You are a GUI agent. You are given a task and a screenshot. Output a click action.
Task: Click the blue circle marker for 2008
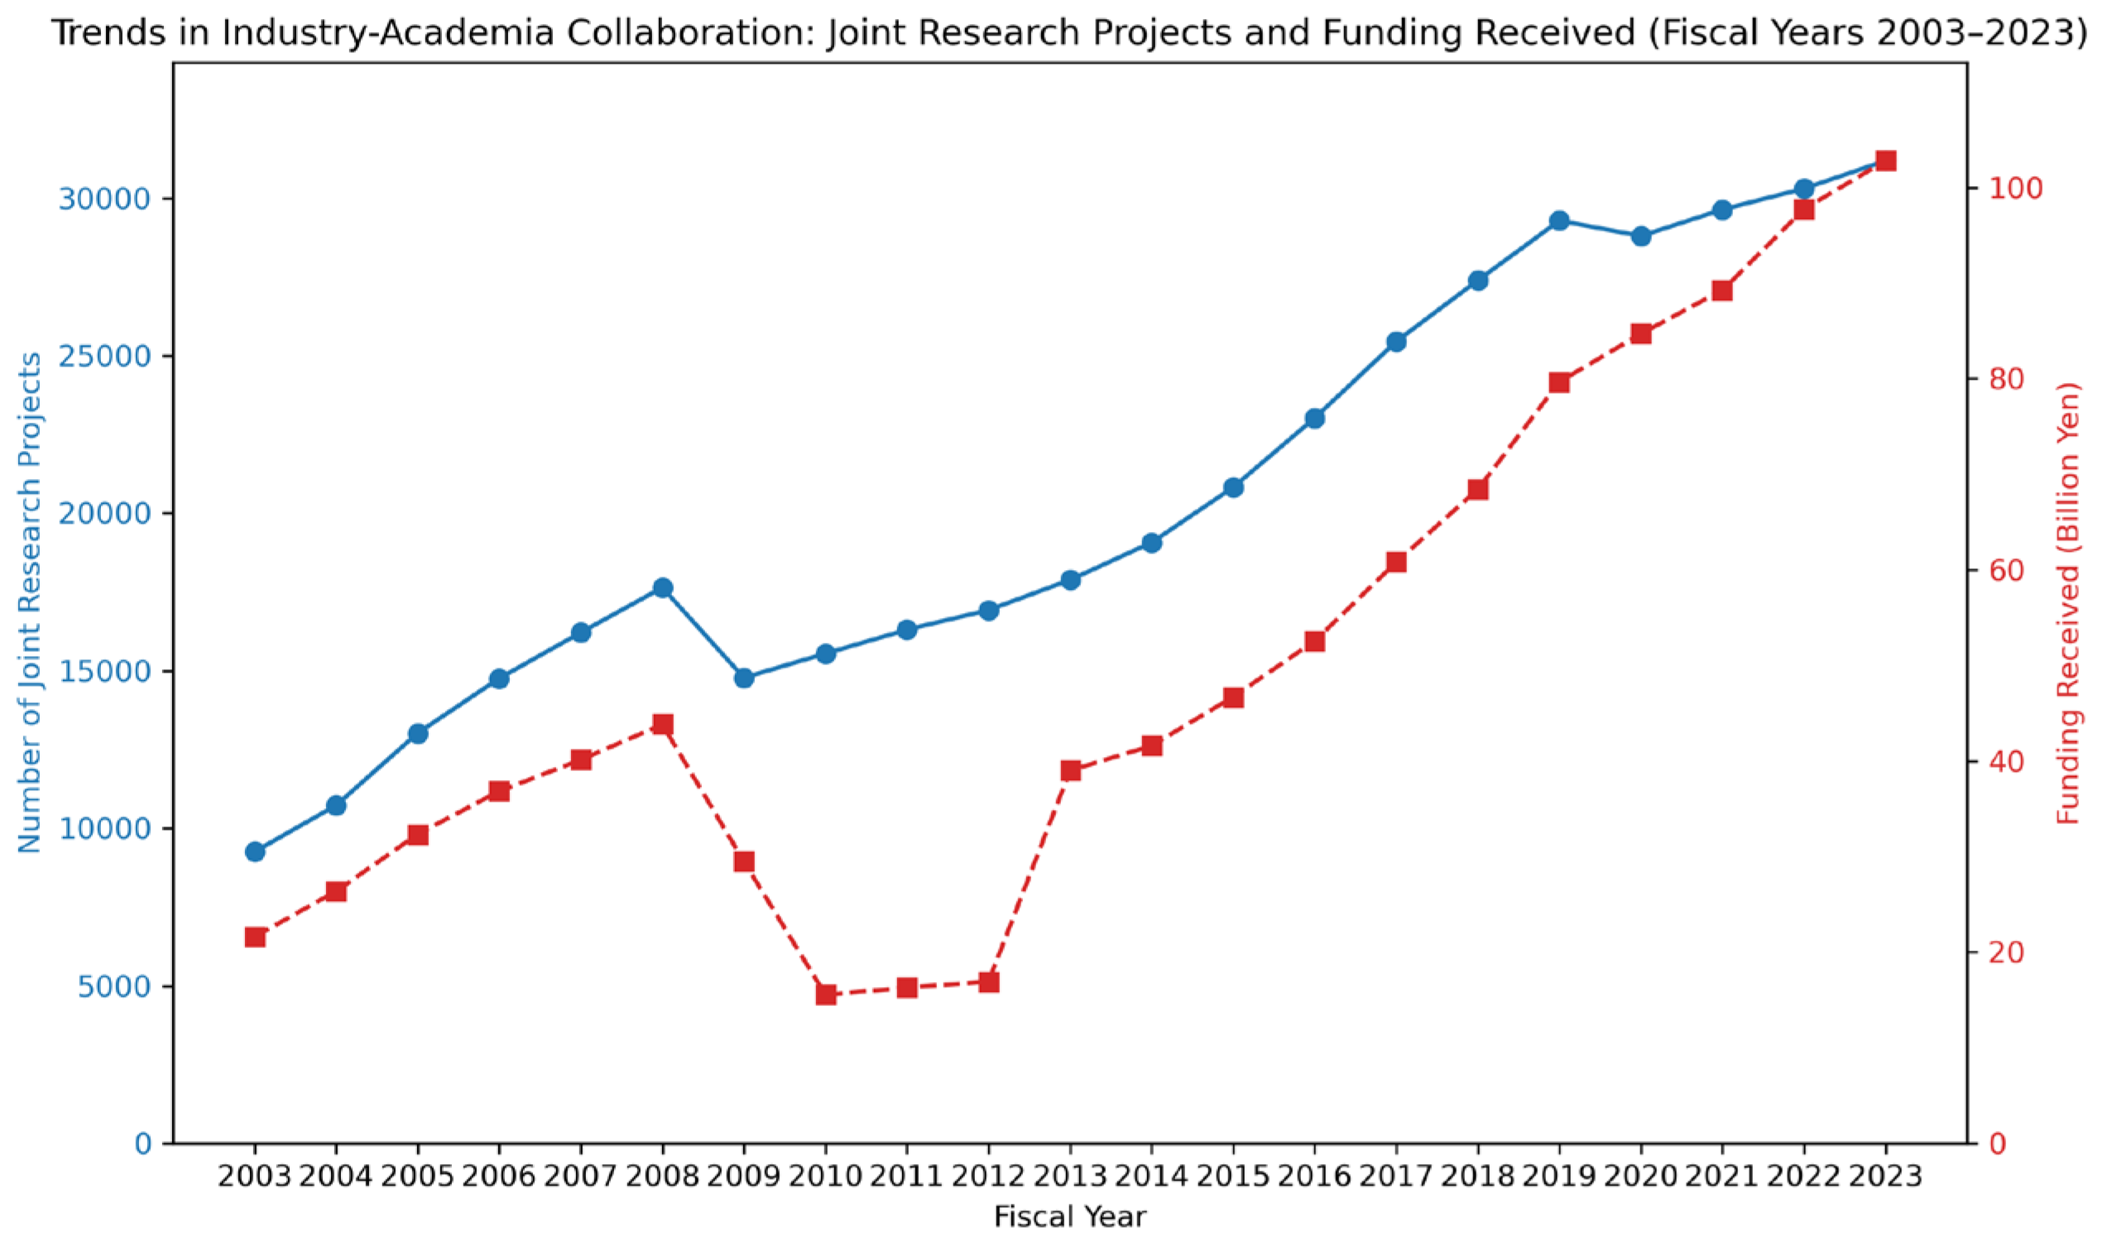[x=663, y=587]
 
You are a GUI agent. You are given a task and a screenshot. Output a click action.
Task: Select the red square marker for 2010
[x=825, y=994]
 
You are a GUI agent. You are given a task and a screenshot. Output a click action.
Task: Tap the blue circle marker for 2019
[x=1559, y=221]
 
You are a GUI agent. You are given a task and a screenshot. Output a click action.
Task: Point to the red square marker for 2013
[x=1070, y=771]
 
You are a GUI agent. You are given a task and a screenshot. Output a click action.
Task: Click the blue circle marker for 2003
[x=255, y=852]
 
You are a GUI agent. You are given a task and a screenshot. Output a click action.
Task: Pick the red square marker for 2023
[x=1885, y=161]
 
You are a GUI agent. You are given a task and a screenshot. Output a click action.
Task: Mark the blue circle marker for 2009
[x=744, y=678]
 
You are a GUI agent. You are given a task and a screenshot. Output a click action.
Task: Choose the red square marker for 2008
[x=663, y=725]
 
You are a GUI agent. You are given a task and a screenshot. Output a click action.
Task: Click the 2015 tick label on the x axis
[x=1233, y=1177]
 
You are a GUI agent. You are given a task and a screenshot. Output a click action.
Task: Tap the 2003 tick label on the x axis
[x=254, y=1177]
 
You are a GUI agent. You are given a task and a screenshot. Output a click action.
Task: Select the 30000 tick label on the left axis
[x=105, y=199]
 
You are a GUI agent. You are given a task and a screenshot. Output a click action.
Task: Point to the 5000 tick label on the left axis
[x=113, y=986]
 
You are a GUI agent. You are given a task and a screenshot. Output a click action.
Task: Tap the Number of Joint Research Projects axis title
[x=31, y=603]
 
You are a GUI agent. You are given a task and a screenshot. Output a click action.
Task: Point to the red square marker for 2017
[x=1397, y=563]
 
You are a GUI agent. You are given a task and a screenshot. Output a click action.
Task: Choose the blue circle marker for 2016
[x=1315, y=418]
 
